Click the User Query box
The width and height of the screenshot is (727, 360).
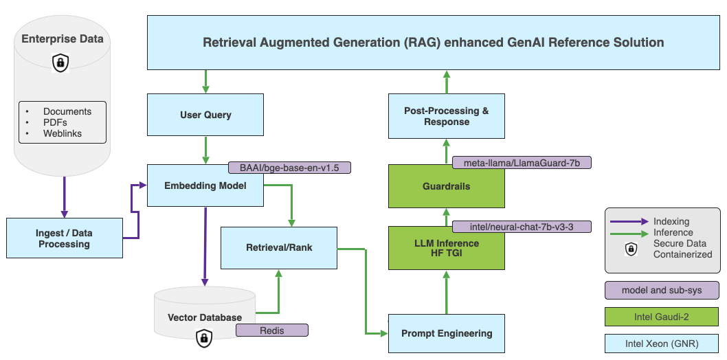205,115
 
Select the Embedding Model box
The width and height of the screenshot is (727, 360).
205,185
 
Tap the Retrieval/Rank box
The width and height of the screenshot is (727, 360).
278,247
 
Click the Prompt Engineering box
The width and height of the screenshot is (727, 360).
446,334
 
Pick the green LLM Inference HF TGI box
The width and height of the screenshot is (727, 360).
447,248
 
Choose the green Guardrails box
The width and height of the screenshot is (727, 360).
447,186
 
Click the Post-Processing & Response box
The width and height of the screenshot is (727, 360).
447,117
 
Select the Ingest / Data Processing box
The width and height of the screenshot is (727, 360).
64,238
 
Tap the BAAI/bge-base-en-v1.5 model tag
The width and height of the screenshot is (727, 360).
289,168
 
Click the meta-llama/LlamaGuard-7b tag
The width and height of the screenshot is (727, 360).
522,163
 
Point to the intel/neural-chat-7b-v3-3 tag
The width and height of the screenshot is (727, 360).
522,226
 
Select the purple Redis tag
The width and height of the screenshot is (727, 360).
271,330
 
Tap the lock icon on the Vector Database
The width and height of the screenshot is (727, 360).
203,337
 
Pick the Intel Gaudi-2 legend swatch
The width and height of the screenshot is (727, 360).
662,317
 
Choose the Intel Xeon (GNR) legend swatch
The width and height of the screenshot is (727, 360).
662,344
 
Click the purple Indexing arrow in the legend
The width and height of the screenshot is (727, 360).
629,221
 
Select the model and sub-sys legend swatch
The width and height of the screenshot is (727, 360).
662,290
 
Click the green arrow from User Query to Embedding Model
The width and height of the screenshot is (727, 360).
205,149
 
